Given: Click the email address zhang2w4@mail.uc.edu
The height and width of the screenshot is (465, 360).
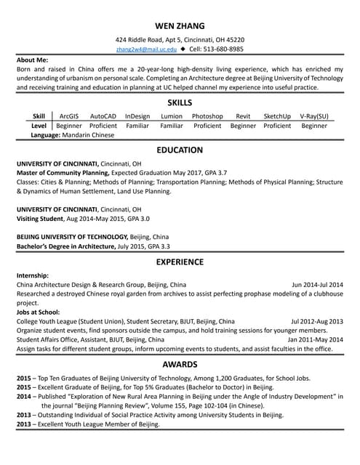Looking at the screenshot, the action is [145, 49].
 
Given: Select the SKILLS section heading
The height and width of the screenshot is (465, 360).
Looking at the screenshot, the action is [180, 102].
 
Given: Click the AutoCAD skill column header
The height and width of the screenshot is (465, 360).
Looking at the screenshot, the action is [103, 116].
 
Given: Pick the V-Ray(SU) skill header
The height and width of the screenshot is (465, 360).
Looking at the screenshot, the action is [314, 116].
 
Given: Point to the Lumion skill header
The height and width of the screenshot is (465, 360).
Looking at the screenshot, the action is [172, 116].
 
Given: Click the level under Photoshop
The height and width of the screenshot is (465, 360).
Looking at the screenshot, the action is [207, 126].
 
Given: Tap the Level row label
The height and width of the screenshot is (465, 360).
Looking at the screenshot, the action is [39, 126].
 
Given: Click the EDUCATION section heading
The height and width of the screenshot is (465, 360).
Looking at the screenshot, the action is [180, 150].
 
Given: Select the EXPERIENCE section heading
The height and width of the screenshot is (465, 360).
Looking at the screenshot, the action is [180, 261].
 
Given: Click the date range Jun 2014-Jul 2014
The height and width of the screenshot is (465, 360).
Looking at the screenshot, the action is [317, 284].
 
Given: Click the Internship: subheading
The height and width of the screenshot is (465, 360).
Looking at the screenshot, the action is [33, 275].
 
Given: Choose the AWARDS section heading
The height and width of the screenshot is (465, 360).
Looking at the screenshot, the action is [180, 363].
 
